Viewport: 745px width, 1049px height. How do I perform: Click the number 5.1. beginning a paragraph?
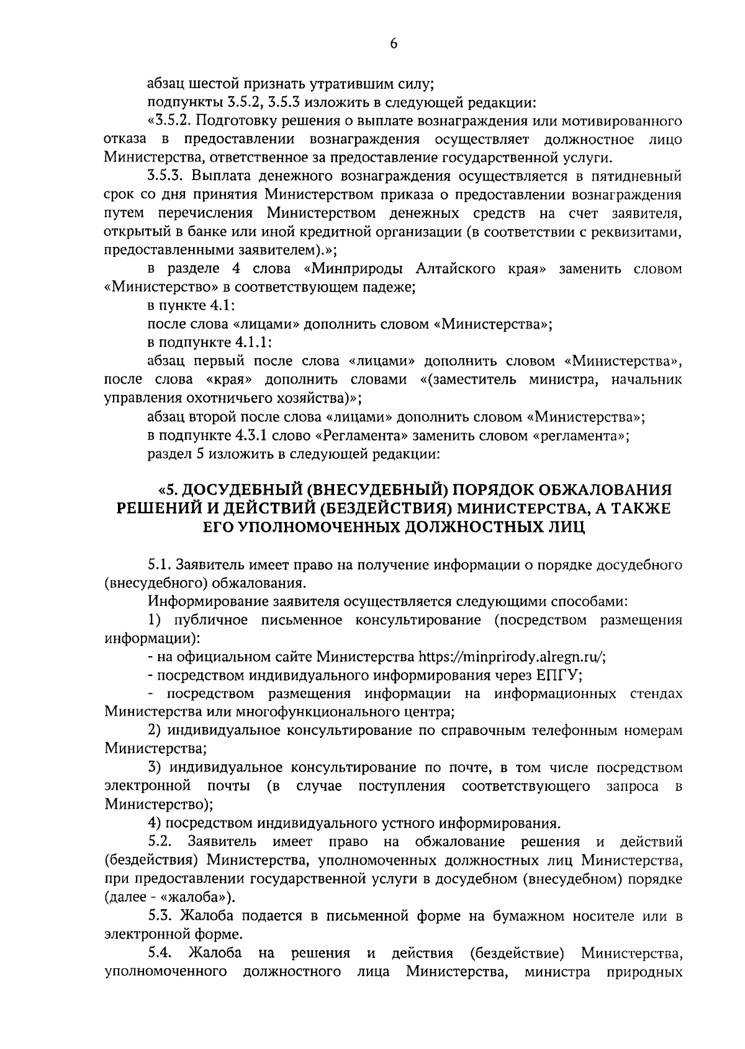pyautogui.click(x=160, y=565)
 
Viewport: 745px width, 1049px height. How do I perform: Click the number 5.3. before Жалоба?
pyautogui.click(x=161, y=916)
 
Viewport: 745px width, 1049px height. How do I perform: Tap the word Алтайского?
pyautogui.click(x=457, y=269)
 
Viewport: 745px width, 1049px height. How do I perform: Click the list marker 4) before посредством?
pyautogui.click(x=155, y=823)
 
